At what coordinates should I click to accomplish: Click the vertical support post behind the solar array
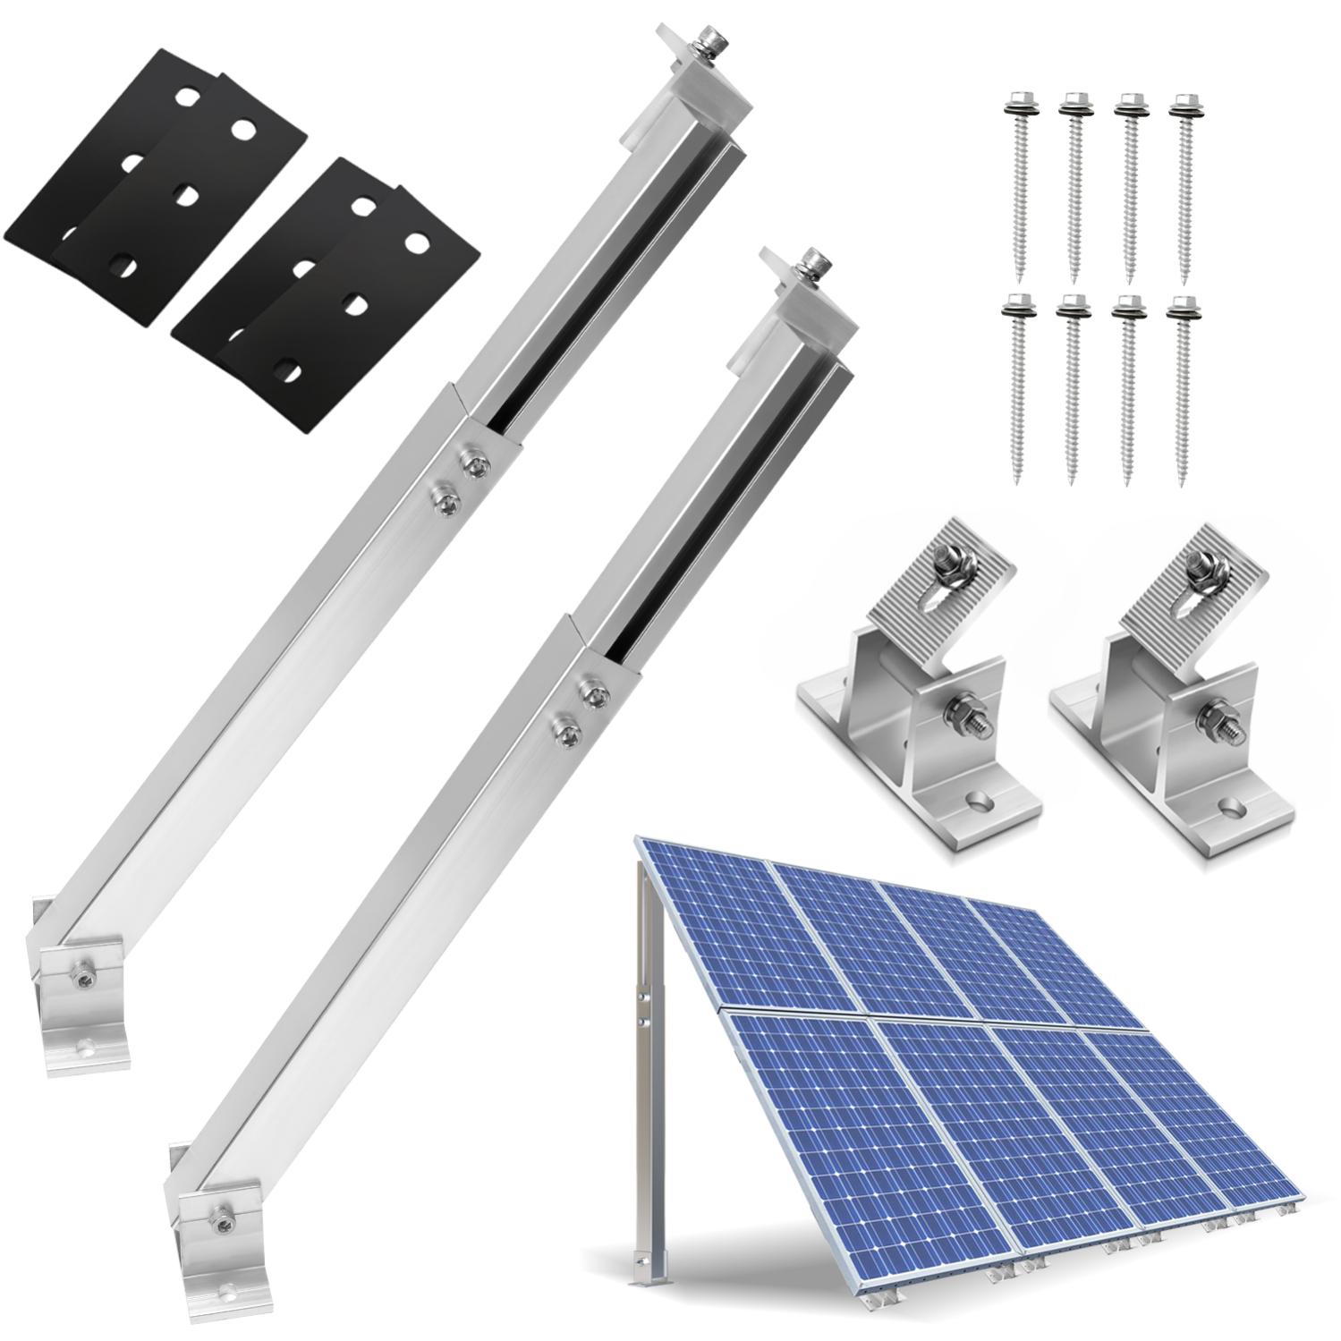646,1029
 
